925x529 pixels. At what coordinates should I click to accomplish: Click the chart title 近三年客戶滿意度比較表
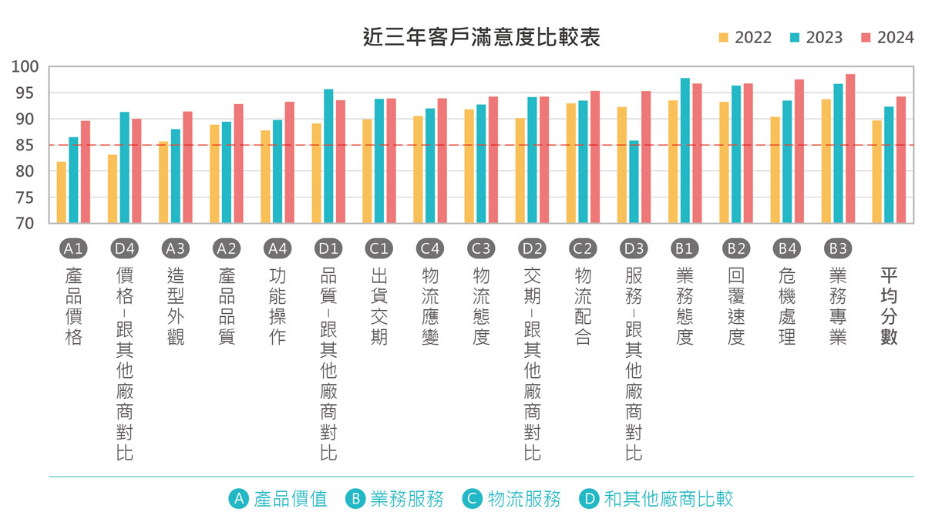pos(481,37)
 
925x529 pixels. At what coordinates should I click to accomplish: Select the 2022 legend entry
pos(745,38)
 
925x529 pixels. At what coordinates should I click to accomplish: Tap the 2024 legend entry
pos(887,38)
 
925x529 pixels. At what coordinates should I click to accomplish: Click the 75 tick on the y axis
pos(29,197)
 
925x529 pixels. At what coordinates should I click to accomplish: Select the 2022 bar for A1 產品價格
pos(62,193)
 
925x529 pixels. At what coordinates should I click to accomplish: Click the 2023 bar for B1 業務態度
pos(685,151)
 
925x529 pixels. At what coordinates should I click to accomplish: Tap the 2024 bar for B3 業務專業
pos(850,149)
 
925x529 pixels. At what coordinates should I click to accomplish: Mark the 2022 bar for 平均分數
pos(876,172)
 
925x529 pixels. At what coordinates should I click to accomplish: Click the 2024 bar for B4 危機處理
pos(799,151)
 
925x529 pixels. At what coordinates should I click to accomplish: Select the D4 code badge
pos(125,248)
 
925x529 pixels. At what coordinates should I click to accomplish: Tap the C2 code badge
pos(583,248)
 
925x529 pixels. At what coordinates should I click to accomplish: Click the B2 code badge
pos(735,248)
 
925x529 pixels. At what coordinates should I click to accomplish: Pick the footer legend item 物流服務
pos(523,499)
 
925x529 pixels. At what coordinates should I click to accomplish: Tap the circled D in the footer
pos(590,499)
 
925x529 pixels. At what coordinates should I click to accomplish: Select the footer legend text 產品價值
pos(291,499)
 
